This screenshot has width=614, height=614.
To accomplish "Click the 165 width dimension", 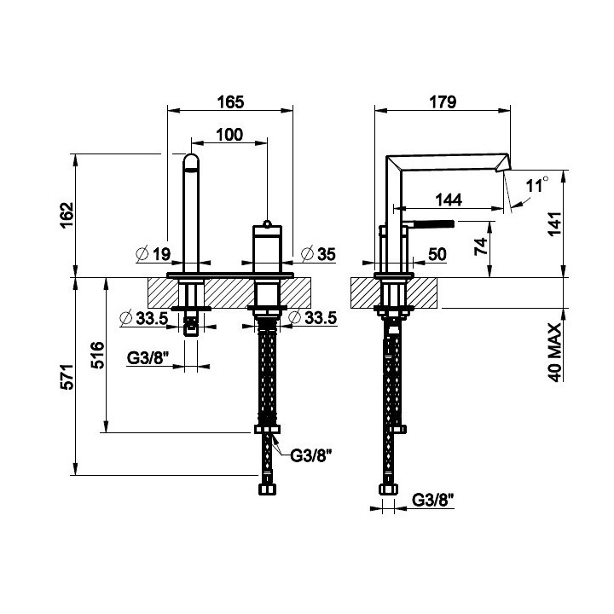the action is [x=230, y=101].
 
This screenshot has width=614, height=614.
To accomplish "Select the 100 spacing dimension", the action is [x=229, y=135].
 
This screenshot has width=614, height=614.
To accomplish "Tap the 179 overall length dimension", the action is [x=443, y=101].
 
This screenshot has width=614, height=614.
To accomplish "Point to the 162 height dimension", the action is [x=67, y=216].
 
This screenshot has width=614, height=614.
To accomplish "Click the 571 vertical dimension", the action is [x=67, y=377].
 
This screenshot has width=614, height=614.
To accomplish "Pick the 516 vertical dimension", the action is [x=98, y=355].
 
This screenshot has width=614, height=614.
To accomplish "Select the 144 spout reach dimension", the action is [x=449, y=200].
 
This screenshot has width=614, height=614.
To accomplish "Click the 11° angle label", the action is [x=536, y=184].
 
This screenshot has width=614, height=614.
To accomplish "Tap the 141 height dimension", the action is [x=554, y=223].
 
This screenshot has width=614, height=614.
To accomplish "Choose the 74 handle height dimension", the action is [x=481, y=246].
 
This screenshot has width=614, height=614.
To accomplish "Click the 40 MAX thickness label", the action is [x=554, y=352].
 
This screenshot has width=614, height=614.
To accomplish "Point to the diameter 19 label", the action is [x=153, y=254].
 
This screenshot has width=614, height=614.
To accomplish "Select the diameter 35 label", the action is [x=318, y=254].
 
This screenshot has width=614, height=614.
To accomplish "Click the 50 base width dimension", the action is [x=437, y=254].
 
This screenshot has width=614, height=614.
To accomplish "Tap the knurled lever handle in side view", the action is [x=432, y=224].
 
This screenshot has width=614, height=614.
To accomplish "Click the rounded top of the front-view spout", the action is [x=191, y=160].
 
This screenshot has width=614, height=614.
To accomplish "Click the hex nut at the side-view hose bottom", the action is [x=388, y=489].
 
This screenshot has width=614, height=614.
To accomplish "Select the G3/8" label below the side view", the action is [x=433, y=500].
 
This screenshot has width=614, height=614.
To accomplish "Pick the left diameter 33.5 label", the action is [x=144, y=318].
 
